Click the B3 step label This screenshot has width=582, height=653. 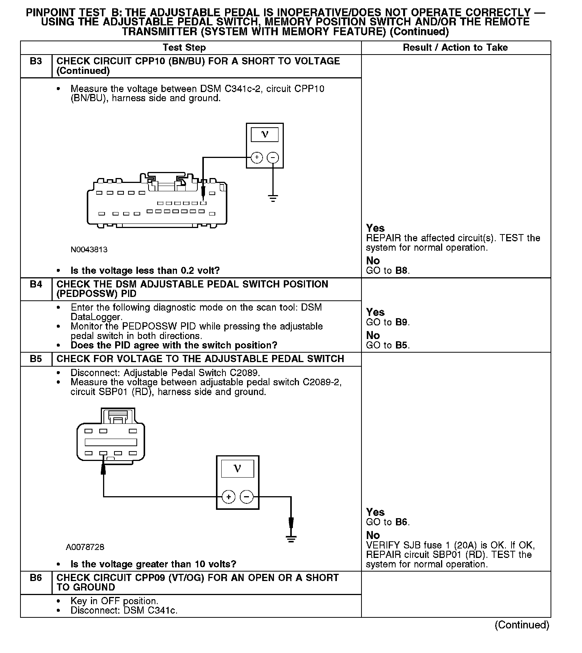point(36,61)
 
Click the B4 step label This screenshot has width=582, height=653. point(36,284)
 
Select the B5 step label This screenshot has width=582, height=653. point(36,359)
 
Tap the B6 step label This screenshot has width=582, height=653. point(36,578)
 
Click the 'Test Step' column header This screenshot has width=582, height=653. point(184,48)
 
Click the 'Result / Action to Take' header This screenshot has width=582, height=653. point(455,48)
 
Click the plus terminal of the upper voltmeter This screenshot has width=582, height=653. point(257,157)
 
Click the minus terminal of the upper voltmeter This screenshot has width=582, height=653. point(273,157)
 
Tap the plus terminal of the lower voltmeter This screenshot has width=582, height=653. point(228,497)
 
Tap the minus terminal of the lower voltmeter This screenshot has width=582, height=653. point(247,497)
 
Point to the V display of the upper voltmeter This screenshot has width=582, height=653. point(264,134)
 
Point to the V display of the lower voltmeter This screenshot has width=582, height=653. point(237,469)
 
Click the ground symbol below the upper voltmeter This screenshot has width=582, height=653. point(273,198)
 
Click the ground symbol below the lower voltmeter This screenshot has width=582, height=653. point(291,539)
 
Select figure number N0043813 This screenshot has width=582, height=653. point(89,250)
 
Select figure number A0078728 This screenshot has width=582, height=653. point(85,547)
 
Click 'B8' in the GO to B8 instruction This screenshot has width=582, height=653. point(402,271)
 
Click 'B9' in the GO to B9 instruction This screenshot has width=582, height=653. point(402,322)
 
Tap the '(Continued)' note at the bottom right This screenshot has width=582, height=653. point(522,625)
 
